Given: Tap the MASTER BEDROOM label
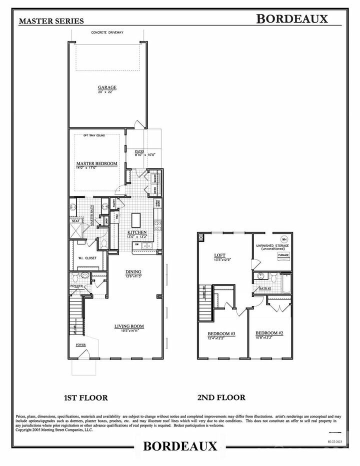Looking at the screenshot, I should pyautogui.click(x=96, y=163).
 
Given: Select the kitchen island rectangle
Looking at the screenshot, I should pyautogui.click(x=136, y=220).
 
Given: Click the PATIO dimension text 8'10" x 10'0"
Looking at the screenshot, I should pyautogui.click(x=145, y=155).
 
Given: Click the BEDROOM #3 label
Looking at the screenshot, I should pyautogui.click(x=221, y=333).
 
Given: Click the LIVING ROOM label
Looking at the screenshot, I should pyautogui.click(x=129, y=326).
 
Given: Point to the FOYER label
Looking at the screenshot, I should pyautogui.click(x=80, y=345).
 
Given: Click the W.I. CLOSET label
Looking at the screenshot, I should pyautogui.click(x=87, y=258).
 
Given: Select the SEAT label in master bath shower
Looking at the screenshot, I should pyautogui.click(x=75, y=220).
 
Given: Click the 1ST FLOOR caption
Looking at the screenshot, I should pyautogui.click(x=85, y=397).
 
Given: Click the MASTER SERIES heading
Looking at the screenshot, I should pyautogui.click(x=48, y=21).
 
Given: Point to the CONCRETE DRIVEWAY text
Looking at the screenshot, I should pyautogui.click(x=107, y=32).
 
